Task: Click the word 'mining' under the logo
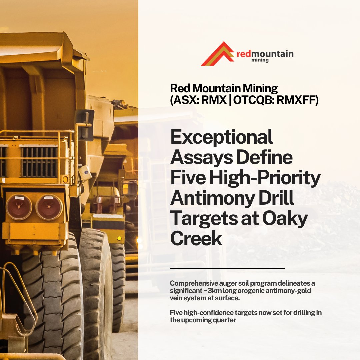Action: [260, 60]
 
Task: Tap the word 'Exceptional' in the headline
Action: [222, 137]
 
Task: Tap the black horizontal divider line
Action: [227, 268]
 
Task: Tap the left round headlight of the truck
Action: [19, 207]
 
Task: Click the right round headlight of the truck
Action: [49, 207]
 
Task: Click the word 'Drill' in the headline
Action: [276, 199]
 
